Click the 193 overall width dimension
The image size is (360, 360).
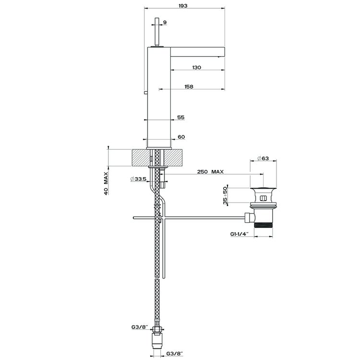point(183,6)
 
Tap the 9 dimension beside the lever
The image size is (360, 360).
point(165,22)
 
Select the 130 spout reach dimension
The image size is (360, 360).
point(196,67)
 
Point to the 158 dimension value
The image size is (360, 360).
point(189,86)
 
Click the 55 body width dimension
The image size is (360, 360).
point(181,117)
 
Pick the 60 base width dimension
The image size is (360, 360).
point(181,137)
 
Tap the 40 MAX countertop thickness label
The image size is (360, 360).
point(106,183)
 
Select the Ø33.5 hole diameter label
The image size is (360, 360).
point(138,179)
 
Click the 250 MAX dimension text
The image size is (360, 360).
point(210,171)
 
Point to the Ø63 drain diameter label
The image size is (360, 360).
point(263,158)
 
